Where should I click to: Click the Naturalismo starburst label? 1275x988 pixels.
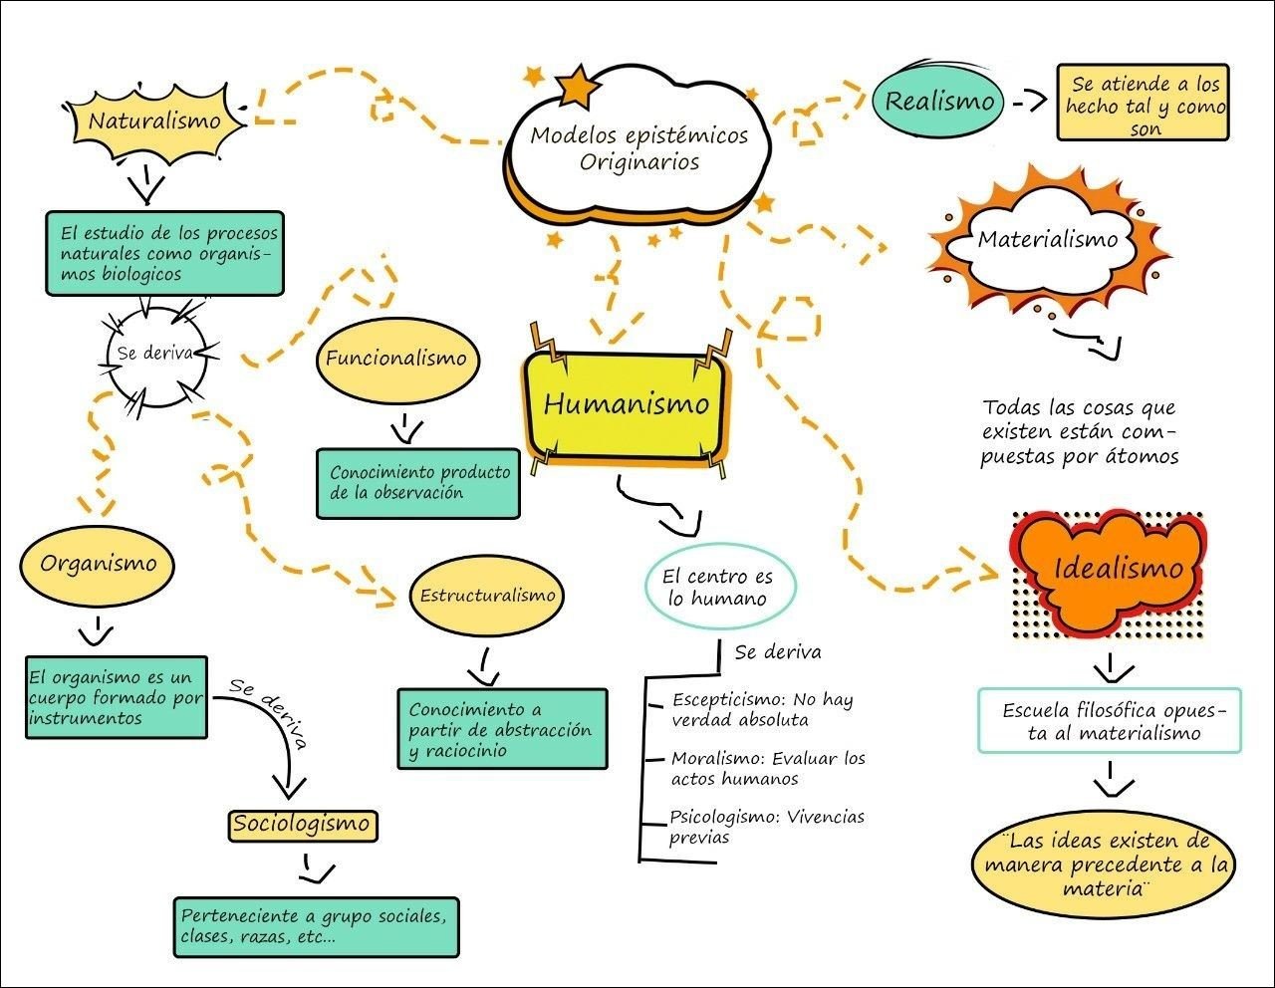[153, 122]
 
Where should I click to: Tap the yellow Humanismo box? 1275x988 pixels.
[626, 403]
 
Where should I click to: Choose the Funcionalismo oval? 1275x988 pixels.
[395, 360]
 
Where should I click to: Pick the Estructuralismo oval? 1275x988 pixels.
[487, 596]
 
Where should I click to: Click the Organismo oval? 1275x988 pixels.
[98, 564]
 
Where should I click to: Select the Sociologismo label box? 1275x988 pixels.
[301, 825]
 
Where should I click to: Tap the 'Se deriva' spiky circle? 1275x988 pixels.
[156, 354]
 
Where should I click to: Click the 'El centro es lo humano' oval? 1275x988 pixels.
[717, 587]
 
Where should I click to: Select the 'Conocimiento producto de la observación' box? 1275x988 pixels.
[418, 482]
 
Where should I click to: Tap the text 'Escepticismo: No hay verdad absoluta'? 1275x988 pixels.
[762, 709]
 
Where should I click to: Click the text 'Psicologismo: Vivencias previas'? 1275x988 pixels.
[766, 827]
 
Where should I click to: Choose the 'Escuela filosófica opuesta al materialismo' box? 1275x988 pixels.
[1109, 721]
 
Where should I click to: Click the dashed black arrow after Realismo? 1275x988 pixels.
[1029, 102]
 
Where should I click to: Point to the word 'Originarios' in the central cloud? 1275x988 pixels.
[639, 162]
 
